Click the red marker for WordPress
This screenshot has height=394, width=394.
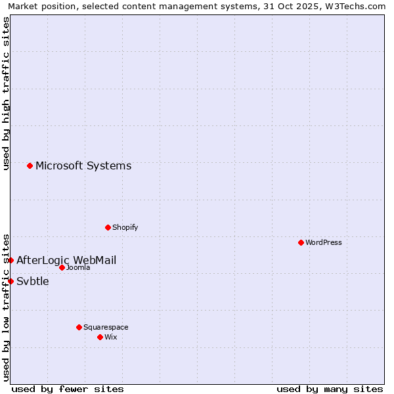tap(301, 242)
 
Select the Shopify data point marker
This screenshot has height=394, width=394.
tap(108, 227)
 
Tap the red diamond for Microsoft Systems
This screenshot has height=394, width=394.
tap(30, 165)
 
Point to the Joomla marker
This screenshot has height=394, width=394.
tap(62, 267)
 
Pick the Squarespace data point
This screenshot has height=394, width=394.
tap(79, 327)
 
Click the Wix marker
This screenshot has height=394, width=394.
tap(100, 337)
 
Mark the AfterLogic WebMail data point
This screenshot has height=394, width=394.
tap(11, 260)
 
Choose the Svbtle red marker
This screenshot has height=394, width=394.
tap(11, 281)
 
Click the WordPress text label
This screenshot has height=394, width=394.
tap(324, 242)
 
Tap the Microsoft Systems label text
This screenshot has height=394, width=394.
tap(83, 165)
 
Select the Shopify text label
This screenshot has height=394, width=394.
tap(125, 227)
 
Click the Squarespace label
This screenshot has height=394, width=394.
tap(106, 327)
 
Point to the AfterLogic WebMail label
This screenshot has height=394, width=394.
tap(66, 260)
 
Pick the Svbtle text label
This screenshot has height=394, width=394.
tap(33, 281)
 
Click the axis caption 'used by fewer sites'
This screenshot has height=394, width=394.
tap(68, 389)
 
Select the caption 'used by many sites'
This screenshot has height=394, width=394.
tap(330, 389)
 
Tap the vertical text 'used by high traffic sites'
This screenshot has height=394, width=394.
tap(6, 93)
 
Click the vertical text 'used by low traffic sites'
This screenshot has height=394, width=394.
tap(6, 307)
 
